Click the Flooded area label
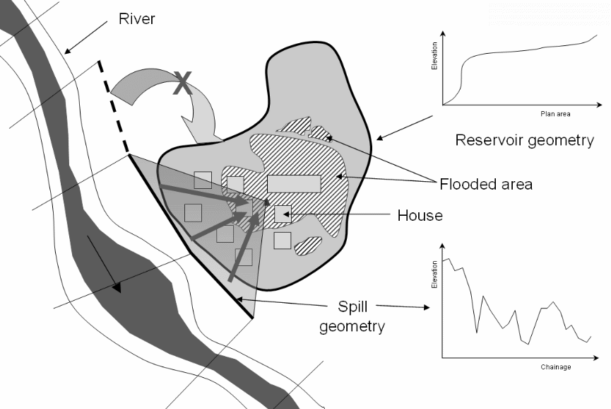point(486,185)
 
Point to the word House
point(420,215)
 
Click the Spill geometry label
point(351,316)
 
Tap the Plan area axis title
point(555,113)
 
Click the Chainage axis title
point(556,367)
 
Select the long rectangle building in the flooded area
point(294,183)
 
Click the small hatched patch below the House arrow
point(309,246)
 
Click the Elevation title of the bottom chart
point(435,275)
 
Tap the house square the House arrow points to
point(283,214)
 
